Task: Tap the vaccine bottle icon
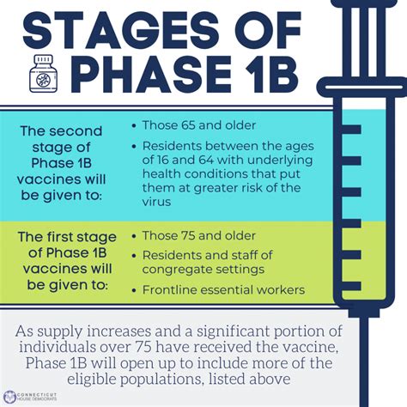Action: click(44, 74)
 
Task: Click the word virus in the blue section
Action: click(156, 202)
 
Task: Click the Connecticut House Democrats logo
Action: click(30, 397)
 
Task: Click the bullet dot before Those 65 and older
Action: click(134, 126)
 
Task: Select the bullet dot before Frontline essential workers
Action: click(134, 291)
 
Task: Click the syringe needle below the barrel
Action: click(364, 361)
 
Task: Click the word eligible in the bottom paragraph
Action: click(92, 380)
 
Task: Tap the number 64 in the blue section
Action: click(206, 160)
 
